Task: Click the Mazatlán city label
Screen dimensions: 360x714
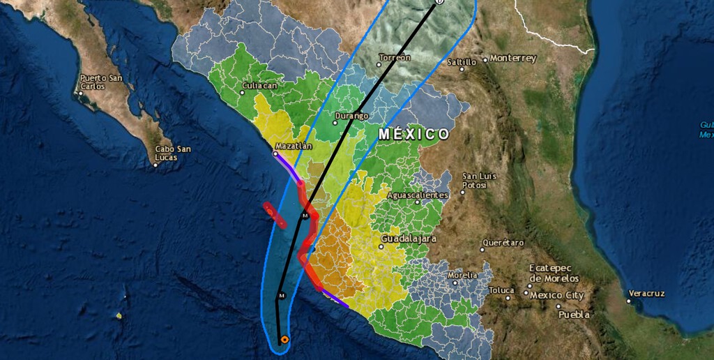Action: [x=294, y=147]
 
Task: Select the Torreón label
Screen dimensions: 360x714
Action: [x=394, y=57]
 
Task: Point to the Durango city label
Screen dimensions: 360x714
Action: [x=351, y=116]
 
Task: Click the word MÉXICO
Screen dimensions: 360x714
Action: [x=413, y=133]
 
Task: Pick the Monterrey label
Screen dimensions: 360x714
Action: [x=512, y=59]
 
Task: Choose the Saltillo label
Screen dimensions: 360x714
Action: [x=462, y=62]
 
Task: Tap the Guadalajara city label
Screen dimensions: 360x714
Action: [x=409, y=239]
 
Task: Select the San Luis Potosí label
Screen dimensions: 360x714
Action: [x=479, y=180]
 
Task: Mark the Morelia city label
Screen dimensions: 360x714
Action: [x=462, y=276]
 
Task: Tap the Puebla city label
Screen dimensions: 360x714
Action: [x=574, y=315]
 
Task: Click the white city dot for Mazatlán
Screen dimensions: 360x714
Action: [x=275, y=153]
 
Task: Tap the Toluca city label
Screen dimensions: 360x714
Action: [x=501, y=290]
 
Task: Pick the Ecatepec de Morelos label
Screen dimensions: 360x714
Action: [x=554, y=273]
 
